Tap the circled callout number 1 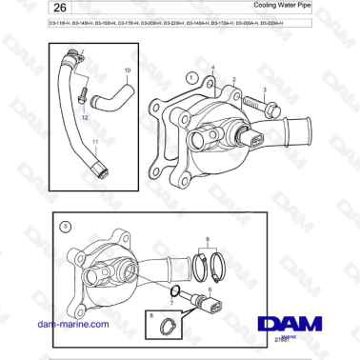(193, 76)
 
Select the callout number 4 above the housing (212, 68)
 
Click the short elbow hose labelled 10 (122, 95)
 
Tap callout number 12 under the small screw (85, 117)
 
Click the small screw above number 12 (84, 94)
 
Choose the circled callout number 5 (65, 228)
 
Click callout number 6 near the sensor (210, 289)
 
